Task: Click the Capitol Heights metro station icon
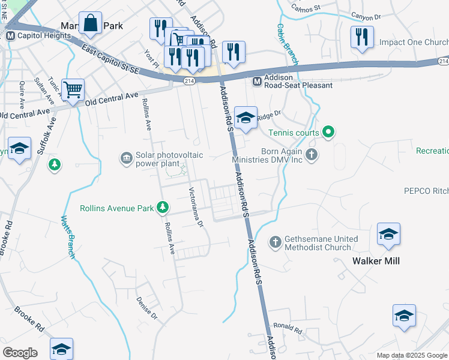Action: coord(10,35)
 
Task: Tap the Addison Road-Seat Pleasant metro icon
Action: coord(256,81)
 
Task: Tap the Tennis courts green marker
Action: coord(328,131)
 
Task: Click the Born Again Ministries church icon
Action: coord(311,155)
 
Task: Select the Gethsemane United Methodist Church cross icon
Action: coord(276,242)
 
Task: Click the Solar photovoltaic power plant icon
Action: coord(127,158)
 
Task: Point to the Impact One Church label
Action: coord(414,43)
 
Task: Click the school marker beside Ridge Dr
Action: coord(246,118)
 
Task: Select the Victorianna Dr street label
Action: coord(196,209)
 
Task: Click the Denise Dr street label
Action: coord(146,307)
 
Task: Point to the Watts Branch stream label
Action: coord(67,236)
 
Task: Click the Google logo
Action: coord(20,353)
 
